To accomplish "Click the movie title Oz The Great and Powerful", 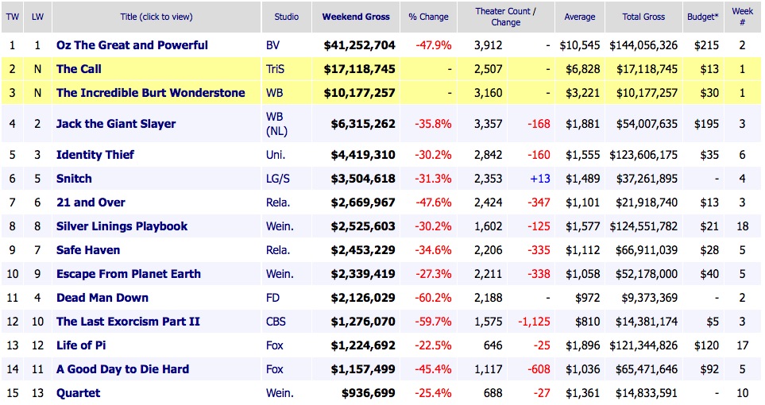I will (132, 45).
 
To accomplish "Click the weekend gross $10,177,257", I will (359, 93).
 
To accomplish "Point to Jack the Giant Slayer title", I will (116, 124).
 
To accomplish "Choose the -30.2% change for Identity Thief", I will (434, 155).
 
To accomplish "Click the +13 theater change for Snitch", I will (540, 179).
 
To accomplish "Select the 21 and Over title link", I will (91, 202).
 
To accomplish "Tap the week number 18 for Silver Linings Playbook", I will (742, 226).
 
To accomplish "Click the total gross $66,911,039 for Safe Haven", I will (643, 250).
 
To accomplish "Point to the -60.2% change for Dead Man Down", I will (434, 298).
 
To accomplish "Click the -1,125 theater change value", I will (534, 322).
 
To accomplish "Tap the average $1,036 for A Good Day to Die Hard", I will (580, 369).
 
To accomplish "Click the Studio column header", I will (287, 17).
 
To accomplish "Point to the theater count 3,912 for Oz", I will (489, 45).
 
